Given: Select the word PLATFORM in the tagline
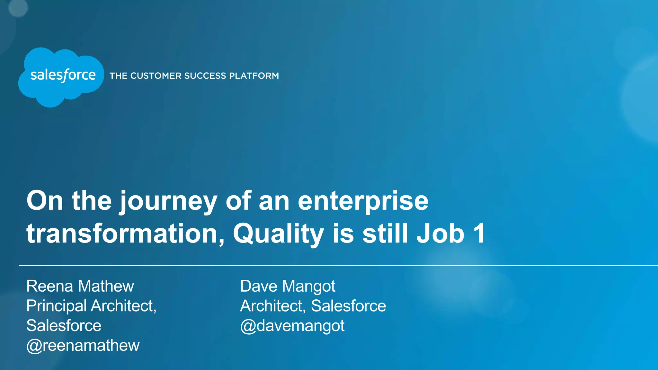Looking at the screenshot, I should pos(254,76).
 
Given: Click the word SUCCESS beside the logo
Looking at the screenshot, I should pos(205,76).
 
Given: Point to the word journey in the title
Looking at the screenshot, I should pos(168,202).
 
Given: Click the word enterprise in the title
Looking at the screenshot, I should pos(363,202).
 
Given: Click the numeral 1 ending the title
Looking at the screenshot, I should pos(479,233).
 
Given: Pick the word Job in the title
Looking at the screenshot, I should pos(440,233).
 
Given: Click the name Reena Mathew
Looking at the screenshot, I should pos(80,286).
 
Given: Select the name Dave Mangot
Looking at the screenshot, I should pos(288,286).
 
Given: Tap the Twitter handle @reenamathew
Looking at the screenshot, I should pos(83,346).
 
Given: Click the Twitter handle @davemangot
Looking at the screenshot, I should pos(292,326).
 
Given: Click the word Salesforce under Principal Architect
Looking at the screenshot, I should pos(64,326).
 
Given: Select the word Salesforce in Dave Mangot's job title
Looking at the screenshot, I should pos(348,306).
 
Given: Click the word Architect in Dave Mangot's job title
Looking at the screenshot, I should pos(272,306).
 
